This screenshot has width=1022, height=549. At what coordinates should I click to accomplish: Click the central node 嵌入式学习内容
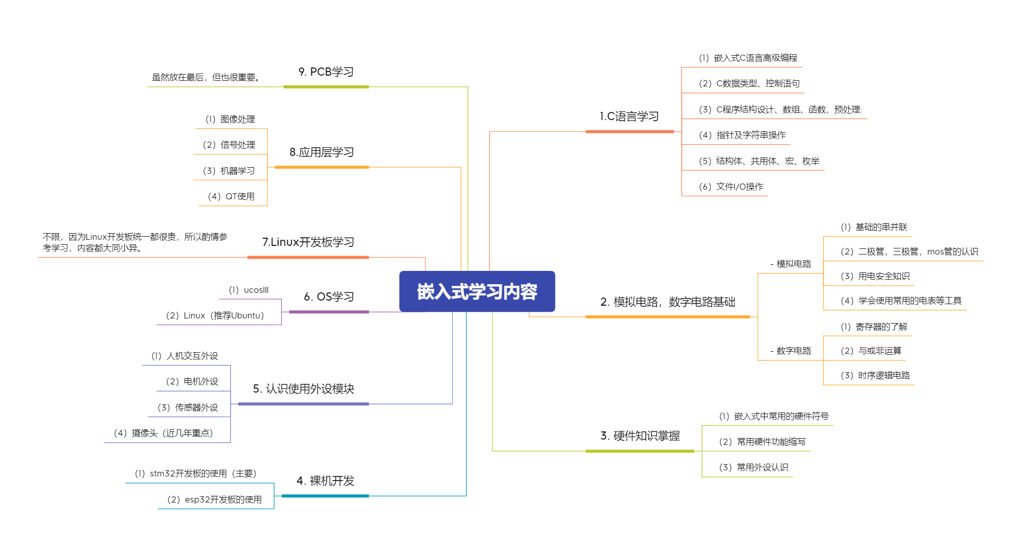click(x=477, y=291)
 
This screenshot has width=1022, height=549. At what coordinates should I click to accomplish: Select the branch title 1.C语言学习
click(x=629, y=117)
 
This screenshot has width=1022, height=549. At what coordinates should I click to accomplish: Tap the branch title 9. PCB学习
click(x=326, y=72)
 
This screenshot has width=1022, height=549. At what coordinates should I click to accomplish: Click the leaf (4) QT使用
click(x=231, y=197)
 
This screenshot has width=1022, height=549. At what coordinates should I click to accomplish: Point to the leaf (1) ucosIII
click(x=249, y=290)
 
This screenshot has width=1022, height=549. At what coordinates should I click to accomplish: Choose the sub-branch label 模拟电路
click(x=791, y=264)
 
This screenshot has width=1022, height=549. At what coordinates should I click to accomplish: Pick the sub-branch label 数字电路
click(x=791, y=351)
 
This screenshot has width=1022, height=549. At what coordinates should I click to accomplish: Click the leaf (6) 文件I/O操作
click(x=731, y=187)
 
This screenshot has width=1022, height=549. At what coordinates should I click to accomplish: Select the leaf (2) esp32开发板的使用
click(x=214, y=499)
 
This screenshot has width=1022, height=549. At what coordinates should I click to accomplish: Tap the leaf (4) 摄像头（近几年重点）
click(x=163, y=433)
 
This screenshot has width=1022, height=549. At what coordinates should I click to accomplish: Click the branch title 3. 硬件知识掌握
click(x=640, y=436)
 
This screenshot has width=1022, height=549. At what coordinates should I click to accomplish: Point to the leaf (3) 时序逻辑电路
click(x=875, y=376)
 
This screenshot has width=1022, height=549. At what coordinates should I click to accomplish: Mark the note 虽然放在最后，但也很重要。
click(x=207, y=78)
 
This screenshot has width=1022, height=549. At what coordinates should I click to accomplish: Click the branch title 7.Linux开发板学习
click(x=308, y=242)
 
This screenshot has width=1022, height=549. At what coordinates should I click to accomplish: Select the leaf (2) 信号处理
click(x=229, y=145)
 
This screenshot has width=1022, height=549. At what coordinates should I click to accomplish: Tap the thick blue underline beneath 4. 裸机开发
click(x=325, y=496)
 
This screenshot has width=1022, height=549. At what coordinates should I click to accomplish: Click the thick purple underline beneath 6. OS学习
click(x=328, y=312)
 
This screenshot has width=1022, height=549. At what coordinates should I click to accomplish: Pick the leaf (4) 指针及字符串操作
click(x=742, y=135)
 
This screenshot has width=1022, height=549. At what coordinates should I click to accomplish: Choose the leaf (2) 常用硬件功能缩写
click(x=762, y=442)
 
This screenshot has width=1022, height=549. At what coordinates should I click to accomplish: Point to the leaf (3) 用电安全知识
click(x=875, y=277)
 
